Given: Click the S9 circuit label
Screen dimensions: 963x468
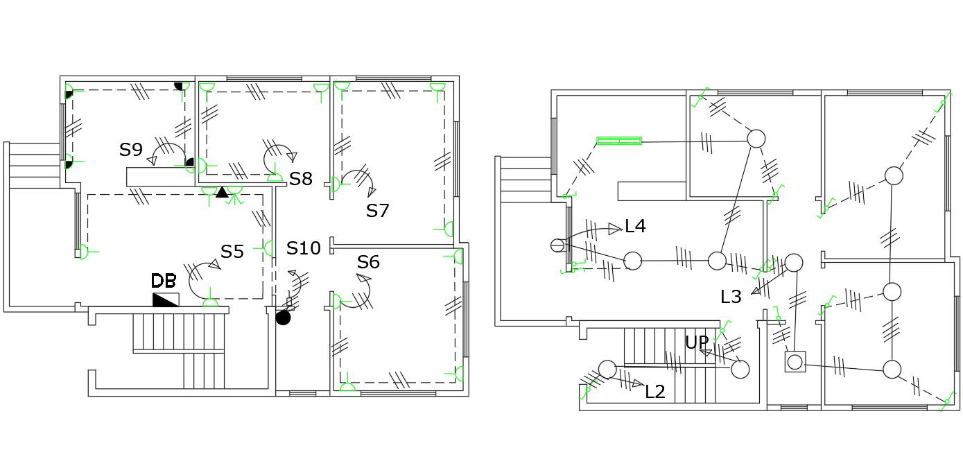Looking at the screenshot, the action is (131, 150).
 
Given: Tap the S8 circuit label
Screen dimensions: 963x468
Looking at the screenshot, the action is (300, 179).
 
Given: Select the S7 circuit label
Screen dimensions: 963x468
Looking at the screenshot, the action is (377, 211).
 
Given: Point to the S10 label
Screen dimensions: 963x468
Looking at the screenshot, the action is (304, 248).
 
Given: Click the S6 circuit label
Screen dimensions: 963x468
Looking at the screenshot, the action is (368, 262).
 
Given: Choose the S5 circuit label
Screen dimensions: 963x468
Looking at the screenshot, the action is (232, 252).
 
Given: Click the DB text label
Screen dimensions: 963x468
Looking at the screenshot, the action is (164, 281).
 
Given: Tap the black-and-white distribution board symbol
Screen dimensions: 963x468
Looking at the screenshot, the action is (166, 300).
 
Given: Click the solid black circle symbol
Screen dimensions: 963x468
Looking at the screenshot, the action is (283, 318).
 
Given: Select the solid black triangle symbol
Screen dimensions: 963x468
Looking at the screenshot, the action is (222, 192).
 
